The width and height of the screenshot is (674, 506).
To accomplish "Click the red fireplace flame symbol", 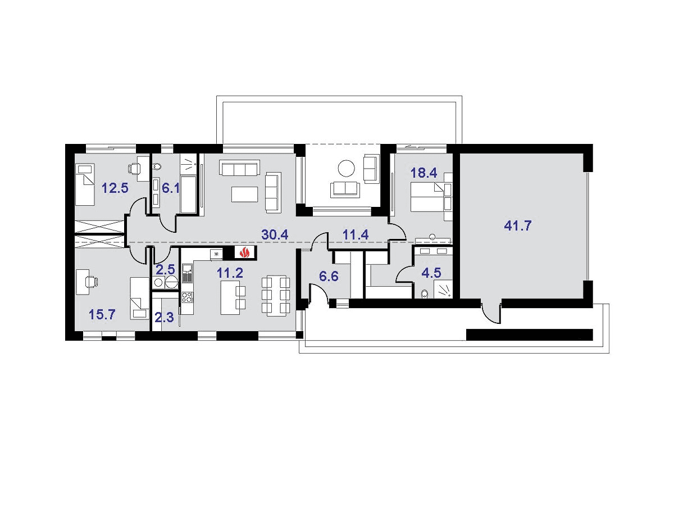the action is coord(245,252).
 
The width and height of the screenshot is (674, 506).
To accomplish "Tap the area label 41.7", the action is coord(517,226).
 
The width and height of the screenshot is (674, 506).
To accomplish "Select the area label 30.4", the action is coord(275,234).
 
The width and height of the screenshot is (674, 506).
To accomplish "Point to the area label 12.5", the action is coord(115,188).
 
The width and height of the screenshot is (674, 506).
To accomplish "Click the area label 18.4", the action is coord(423,173).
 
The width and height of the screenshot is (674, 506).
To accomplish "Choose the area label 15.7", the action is coord(102,314).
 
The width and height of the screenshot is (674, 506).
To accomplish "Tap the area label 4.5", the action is coord(431,273).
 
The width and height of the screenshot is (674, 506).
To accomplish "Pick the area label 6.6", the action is coord(329,276).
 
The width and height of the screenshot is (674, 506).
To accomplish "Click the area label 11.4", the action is coord(356,234).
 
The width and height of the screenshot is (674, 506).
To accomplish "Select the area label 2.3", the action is coord(164,317).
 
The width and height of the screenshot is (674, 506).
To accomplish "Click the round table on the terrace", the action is coord(347,168).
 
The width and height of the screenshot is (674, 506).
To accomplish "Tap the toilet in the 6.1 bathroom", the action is coord(157,166).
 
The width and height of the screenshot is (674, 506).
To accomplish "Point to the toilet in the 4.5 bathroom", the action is coord(425,293).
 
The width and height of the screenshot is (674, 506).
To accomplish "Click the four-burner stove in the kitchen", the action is coord(187,297).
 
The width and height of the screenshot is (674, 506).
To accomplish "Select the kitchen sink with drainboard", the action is coord(187,273).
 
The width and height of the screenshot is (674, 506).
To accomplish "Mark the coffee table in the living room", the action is coord(245,194).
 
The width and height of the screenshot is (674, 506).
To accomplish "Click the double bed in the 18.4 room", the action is coord(427,197).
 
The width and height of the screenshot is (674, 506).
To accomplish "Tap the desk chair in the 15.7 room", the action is coord(93,282).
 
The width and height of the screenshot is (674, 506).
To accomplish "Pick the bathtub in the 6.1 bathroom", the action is coord(188,194).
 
